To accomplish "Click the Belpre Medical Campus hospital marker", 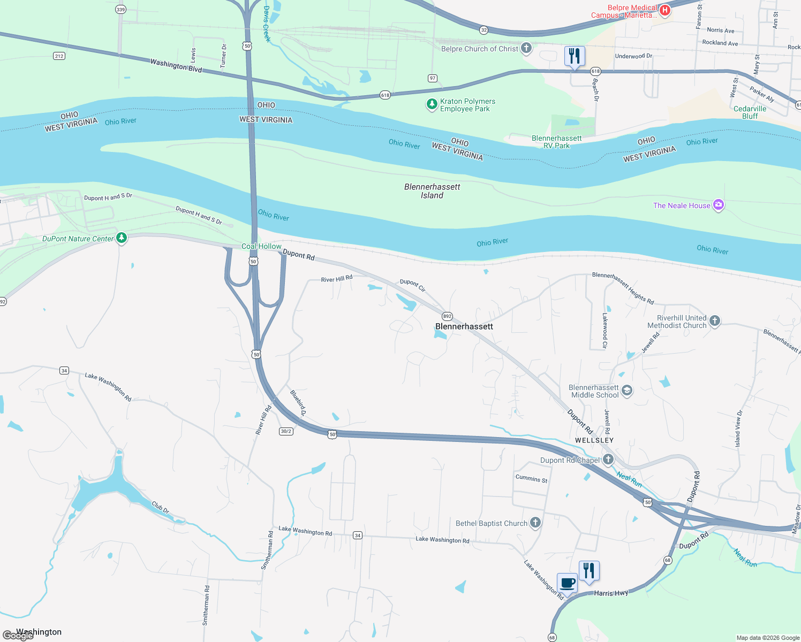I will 664,10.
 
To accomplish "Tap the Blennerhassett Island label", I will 432,191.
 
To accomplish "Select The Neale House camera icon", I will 719,205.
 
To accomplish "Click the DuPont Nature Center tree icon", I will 122,238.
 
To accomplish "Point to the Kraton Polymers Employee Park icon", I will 432,104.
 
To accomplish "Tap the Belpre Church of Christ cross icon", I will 526,49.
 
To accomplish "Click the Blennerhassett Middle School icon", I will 627,391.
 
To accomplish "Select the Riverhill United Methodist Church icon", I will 714,321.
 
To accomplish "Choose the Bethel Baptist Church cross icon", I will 535,523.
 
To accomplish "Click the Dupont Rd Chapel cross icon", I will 608,460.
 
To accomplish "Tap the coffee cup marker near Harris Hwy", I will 567,583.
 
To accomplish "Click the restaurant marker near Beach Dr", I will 574,56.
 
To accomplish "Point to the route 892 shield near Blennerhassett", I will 447,316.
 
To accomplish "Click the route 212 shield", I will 59,56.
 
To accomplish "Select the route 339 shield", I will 120,10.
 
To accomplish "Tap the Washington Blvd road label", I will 176,66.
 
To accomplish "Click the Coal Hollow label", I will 261,246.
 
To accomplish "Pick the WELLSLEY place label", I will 594,440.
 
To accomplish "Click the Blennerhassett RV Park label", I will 556,142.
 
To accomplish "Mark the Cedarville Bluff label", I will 750,112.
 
